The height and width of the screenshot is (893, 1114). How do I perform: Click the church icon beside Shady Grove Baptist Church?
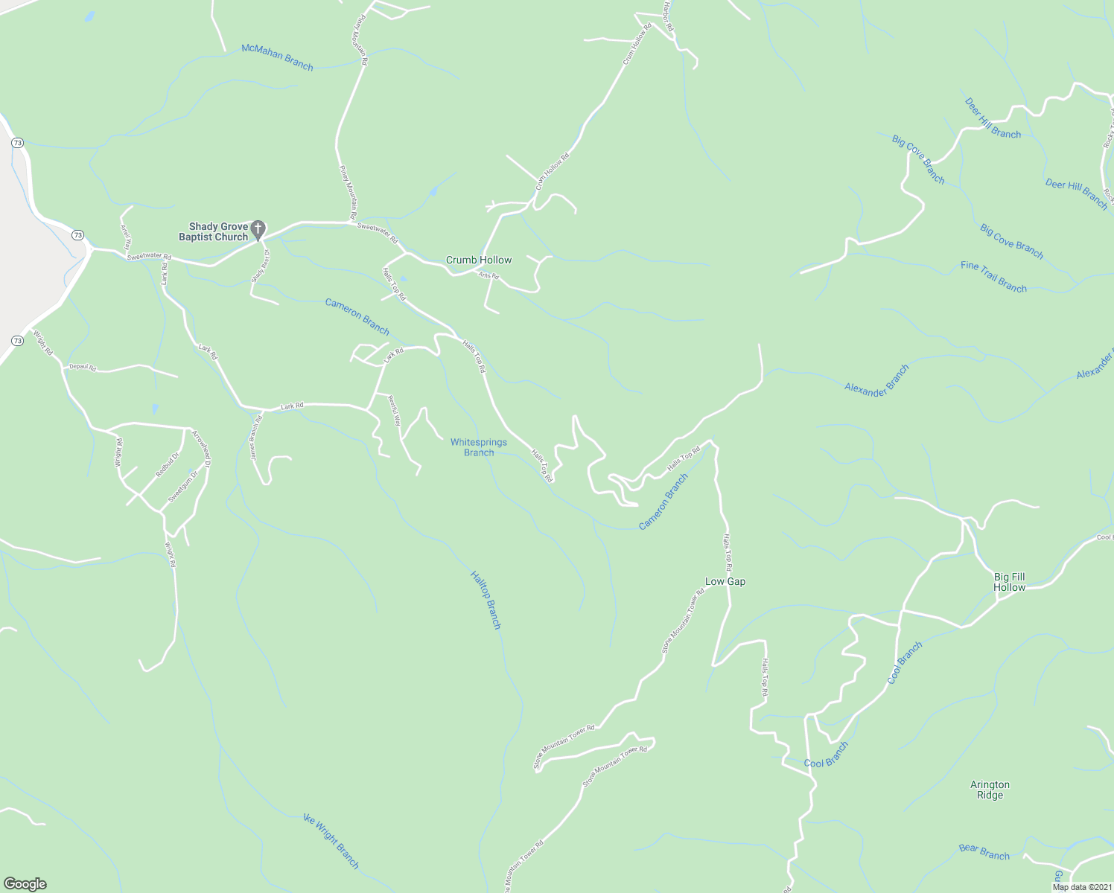coord(258,230)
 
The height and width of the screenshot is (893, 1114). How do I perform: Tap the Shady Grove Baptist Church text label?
coord(214,232)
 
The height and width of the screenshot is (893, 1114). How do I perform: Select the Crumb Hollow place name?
coord(479,260)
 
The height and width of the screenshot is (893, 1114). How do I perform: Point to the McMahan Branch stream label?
coord(277,57)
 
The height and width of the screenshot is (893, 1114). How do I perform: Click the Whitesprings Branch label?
coord(479,447)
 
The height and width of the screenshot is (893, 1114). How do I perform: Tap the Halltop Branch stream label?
coord(486,600)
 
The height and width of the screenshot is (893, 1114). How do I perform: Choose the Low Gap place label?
coord(725,581)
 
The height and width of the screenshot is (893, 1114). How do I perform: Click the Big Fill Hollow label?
coord(1009,582)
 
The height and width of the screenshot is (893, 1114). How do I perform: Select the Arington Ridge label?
coord(990,790)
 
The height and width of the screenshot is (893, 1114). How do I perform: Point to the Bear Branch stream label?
coord(984,851)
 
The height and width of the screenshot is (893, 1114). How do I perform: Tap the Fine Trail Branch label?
coord(993,277)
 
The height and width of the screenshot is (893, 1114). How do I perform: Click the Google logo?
coord(25,884)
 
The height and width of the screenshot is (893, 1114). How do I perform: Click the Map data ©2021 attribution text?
coord(1080,886)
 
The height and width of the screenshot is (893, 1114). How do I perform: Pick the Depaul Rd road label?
coord(83,367)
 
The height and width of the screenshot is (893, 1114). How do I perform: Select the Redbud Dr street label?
coord(167,466)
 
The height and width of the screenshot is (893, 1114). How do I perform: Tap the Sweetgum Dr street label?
coord(183,486)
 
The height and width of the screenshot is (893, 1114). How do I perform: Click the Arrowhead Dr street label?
coord(201,448)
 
